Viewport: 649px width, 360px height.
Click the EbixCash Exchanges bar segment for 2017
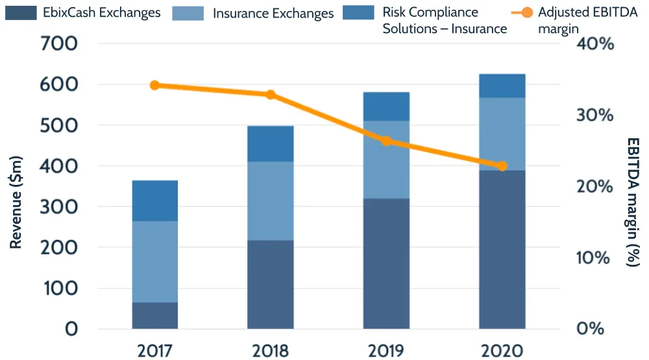(x=154, y=315)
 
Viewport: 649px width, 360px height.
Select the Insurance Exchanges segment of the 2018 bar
(x=270, y=201)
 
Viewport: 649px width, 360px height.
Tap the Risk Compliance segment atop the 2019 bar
(x=386, y=106)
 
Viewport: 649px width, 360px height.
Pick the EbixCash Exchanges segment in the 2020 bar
(x=502, y=250)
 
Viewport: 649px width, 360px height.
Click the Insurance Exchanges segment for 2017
(x=154, y=261)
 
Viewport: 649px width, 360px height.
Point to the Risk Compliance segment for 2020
(x=502, y=86)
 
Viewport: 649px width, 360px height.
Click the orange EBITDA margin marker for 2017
(x=154, y=86)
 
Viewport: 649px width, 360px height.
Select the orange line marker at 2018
(x=271, y=95)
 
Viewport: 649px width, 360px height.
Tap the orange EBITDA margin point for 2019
(x=386, y=141)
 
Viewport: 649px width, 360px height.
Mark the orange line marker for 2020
(x=502, y=166)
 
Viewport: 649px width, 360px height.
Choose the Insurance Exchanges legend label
(x=273, y=13)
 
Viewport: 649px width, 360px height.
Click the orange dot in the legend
(x=527, y=12)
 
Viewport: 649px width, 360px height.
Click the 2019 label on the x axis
(x=386, y=351)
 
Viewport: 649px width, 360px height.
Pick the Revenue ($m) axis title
(x=17, y=202)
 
